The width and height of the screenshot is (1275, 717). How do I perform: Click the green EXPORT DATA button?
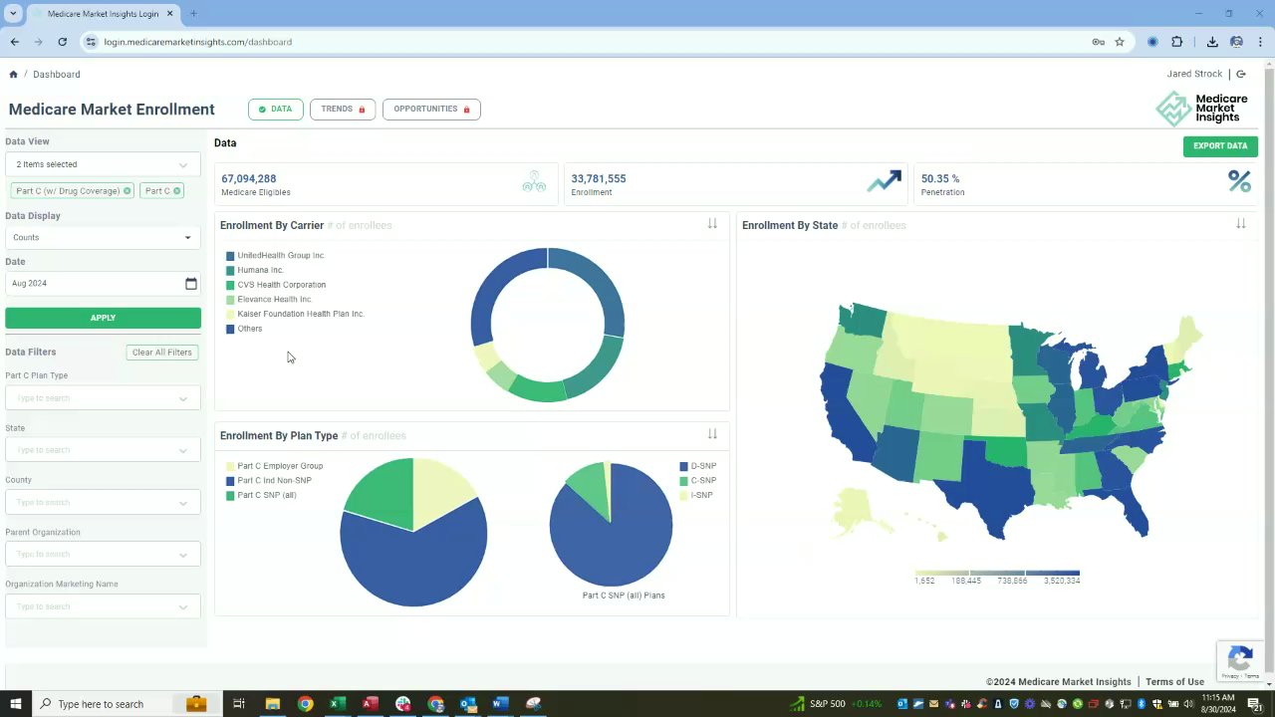[x=1220, y=146]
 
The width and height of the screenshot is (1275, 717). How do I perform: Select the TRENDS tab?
[x=343, y=110]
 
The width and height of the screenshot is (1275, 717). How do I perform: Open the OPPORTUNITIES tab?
[x=431, y=110]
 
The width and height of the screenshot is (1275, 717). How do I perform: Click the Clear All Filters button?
[x=161, y=353]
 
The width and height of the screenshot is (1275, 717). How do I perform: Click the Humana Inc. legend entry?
[x=260, y=270]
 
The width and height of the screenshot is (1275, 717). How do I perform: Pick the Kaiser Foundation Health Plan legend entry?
[x=300, y=314]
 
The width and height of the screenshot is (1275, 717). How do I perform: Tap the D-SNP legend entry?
[x=703, y=466]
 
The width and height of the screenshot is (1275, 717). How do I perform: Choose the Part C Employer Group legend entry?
[x=280, y=466]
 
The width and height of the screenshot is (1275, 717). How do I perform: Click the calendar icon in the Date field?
[x=191, y=284]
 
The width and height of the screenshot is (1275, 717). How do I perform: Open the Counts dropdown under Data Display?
[x=103, y=238]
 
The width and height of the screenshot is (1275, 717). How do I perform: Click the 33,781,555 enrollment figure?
[x=599, y=179]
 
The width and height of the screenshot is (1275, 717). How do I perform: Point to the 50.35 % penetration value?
[x=940, y=179]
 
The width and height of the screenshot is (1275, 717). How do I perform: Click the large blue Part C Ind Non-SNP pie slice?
[x=413, y=558]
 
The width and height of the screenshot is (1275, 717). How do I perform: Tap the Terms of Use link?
[x=1174, y=682]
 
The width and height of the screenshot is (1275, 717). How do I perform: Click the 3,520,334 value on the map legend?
[x=1061, y=581]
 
